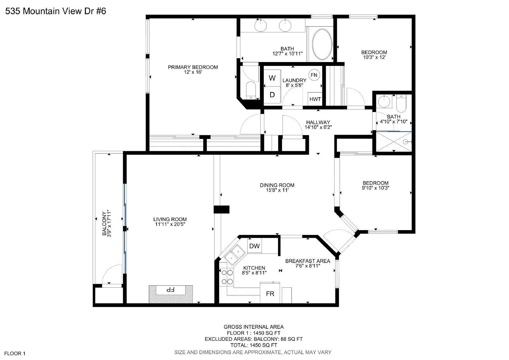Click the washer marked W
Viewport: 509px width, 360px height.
[272, 78]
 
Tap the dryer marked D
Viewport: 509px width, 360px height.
[272, 95]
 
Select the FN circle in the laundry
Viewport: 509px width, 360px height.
[314, 75]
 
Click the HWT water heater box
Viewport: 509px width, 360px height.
[315, 99]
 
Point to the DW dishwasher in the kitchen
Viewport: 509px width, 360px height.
[254, 246]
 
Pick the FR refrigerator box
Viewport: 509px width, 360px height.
[270, 293]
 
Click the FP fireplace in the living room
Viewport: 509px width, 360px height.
[171, 294]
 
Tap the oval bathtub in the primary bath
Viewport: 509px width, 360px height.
[322, 44]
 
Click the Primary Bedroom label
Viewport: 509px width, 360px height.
[193, 67]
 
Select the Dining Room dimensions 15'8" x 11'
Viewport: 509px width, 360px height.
[277, 190]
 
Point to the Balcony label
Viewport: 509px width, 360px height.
[104, 223]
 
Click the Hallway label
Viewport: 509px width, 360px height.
[318, 122]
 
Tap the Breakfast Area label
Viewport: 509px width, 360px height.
[308, 261]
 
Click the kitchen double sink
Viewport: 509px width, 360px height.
[235, 255]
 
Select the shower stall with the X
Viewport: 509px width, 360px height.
[394, 142]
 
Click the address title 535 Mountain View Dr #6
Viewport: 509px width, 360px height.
[56, 11]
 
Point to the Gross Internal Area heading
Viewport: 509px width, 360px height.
[254, 327]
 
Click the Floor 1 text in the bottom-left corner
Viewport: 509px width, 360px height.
[15, 353]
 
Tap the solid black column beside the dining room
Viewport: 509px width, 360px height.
[221, 209]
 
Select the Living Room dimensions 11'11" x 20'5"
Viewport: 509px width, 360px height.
[170, 224]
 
